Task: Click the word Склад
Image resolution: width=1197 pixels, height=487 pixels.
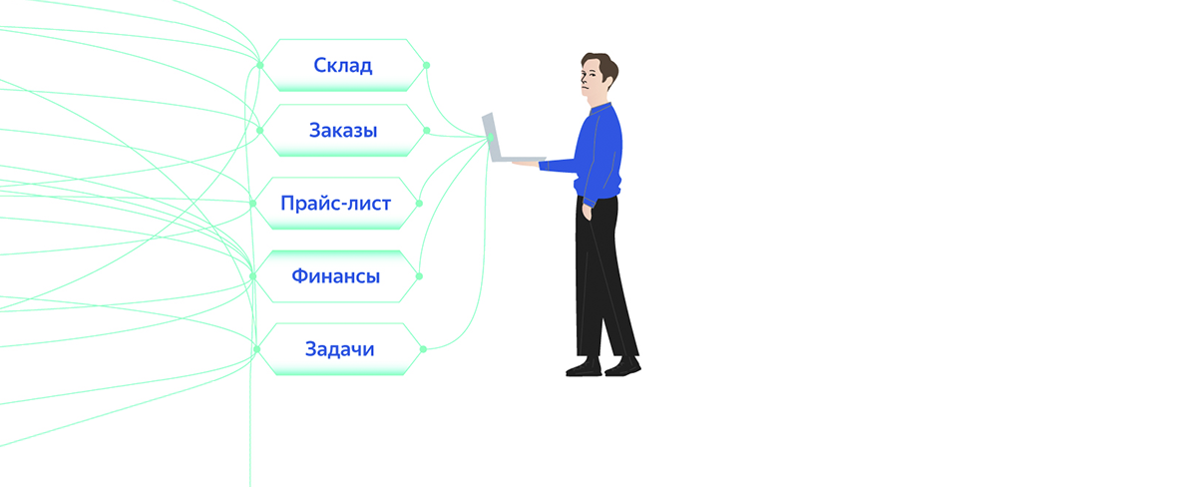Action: pos(342,66)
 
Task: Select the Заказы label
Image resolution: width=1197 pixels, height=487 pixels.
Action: pos(342,131)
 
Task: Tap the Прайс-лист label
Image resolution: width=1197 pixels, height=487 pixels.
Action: pos(335,204)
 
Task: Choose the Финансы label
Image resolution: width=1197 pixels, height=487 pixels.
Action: pos(335,276)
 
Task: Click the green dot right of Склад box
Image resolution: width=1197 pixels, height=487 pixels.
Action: pos(427,66)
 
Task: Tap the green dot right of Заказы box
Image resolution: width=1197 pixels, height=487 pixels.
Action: pos(427,131)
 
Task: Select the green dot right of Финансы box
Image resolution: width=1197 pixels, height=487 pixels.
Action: pos(420,276)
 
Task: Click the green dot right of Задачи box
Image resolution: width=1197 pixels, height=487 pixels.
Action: pos(423,349)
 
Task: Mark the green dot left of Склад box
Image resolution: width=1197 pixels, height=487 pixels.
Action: pos(259,66)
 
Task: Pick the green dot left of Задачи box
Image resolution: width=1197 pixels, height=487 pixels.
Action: pos(256,349)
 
